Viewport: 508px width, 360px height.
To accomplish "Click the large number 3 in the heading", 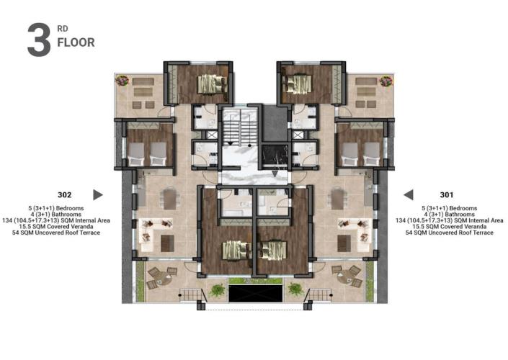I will pyautogui.click(x=38, y=40).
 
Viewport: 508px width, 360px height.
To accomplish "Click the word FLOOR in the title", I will pyautogui.click(x=76, y=42).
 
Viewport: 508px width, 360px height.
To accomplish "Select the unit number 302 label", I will pyautogui.click(x=64, y=194).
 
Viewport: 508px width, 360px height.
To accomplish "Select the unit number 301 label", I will pyautogui.click(x=447, y=194).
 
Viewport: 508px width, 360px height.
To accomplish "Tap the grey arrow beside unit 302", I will pyautogui.click(x=98, y=194).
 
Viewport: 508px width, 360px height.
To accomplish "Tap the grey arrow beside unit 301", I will pyautogui.click(x=408, y=194).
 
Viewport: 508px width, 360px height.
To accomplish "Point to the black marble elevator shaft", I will pyautogui.click(x=275, y=155).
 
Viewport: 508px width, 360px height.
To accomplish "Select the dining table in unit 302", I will pyautogui.click(x=169, y=198).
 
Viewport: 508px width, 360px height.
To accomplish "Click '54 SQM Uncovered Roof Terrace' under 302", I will pyautogui.click(x=64, y=233).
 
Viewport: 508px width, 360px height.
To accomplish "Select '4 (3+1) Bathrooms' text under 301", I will pyautogui.click(x=447, y=215).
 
